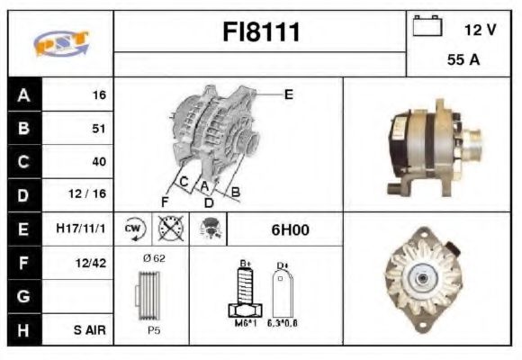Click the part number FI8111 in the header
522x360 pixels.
coord(260,32)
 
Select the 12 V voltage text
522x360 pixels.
coord(480,30)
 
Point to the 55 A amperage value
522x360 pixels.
coord(462,61)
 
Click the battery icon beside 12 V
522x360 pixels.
coord(426,27)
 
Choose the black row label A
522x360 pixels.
coord(22,94)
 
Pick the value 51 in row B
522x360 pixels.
coord(98,129)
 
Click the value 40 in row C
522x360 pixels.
coord(98,162)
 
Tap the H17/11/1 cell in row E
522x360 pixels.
coord(80,229)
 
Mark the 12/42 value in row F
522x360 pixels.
coord(91,263)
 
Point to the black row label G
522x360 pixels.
coord(22,296)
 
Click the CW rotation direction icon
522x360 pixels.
coord(134,229)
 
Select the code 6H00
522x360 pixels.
coord(291,229)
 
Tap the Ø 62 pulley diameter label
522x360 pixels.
coord(153,258)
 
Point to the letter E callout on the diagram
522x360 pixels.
coord(288,94)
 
